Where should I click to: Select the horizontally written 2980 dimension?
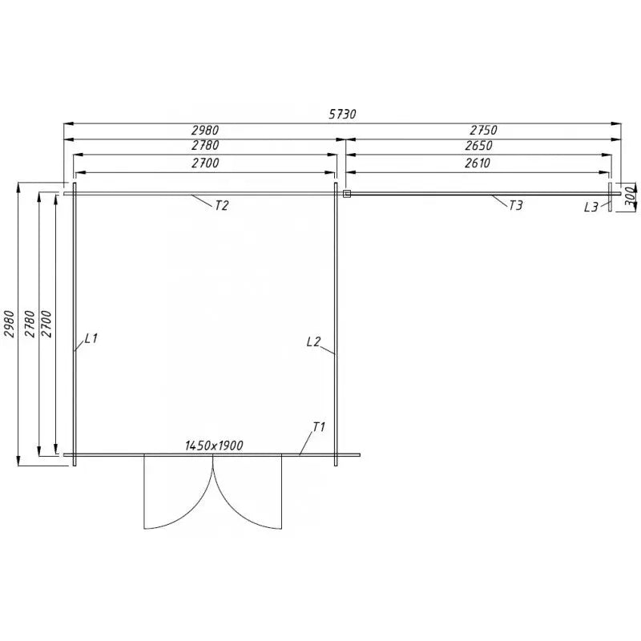click(204, 130)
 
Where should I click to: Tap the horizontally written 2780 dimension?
click(204, 146)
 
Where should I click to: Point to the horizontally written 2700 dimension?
click(204, 163)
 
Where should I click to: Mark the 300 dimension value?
click(630, 196)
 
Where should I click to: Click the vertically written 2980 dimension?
click(10, 325)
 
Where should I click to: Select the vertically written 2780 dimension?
click(30, 325)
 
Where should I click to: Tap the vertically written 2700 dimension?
click(46, 325)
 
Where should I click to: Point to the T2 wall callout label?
click(222, 206)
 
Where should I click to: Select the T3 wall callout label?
click(516, 206)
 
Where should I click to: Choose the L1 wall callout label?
click(91, 339)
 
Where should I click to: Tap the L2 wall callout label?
click(313, 342)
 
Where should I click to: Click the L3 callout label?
click(591, 208)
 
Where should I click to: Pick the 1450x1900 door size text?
click(213, 445)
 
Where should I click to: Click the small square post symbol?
click(346, 193)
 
